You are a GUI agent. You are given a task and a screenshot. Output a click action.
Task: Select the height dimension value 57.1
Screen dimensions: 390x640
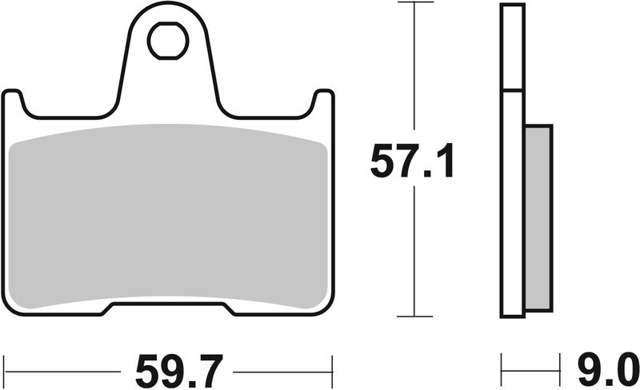[412, 162]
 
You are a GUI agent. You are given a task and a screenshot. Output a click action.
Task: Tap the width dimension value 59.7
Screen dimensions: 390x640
[170, 371]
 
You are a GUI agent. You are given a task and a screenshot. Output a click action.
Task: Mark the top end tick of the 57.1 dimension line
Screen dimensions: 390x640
[413, 3]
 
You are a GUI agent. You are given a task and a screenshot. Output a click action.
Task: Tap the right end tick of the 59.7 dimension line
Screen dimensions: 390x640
[331, 371]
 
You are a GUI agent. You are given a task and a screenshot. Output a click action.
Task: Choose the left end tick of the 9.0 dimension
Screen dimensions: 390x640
[502, 371]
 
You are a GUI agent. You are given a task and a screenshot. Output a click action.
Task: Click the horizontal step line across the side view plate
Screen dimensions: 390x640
[513, 90]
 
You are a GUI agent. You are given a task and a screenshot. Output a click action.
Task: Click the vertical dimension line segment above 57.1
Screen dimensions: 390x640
[413, 72]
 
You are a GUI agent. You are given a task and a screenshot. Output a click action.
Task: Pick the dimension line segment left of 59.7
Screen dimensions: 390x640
[64, 371]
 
